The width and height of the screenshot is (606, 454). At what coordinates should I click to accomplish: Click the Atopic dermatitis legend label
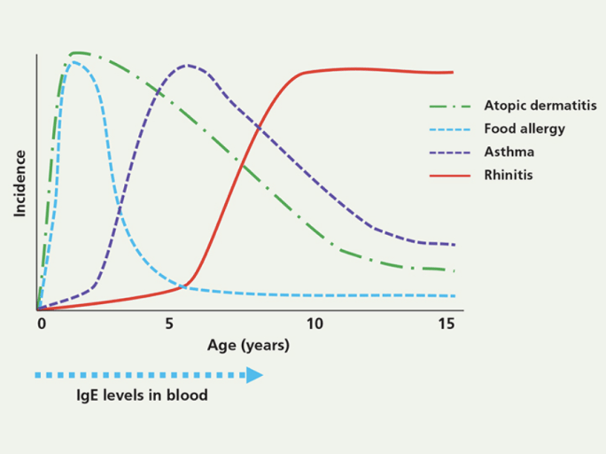533,106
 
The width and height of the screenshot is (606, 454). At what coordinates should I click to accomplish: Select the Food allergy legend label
524,129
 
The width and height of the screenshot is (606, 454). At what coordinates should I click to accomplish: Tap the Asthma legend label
509,152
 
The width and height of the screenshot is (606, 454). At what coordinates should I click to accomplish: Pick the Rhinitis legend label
509,175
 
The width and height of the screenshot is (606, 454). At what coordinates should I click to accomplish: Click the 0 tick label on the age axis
41,325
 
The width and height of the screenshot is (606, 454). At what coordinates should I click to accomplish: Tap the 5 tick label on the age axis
169,325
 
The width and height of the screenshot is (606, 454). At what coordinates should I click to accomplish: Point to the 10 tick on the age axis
315,325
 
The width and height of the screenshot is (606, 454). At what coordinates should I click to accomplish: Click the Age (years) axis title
248,345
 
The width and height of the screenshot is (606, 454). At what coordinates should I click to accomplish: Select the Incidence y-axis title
19,184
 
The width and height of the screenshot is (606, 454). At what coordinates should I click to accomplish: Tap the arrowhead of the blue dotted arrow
254,375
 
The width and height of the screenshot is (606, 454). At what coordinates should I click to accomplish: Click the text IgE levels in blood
142,395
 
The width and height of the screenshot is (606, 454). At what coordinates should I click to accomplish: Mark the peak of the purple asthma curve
187,65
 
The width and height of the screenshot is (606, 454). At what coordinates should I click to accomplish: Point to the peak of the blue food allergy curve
74,62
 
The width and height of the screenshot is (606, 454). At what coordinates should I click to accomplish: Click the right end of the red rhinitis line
453,73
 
